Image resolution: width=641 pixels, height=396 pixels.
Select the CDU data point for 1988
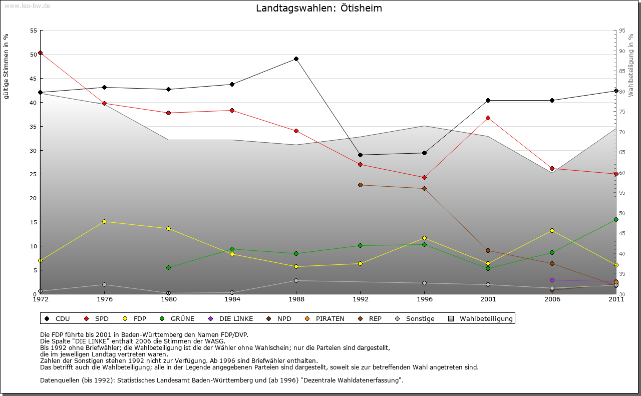[x=296, y=59]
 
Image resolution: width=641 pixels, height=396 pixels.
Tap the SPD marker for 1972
[x=41, y=53]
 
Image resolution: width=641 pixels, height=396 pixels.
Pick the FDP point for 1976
[x=104, y=221]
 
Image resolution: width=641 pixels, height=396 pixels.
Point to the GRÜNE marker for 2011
[x=616, y=219]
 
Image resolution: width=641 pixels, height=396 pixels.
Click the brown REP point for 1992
[x=360, y=185]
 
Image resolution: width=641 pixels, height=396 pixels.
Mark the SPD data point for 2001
[x=488, y=118]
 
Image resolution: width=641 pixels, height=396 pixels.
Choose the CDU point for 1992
[x=360, y=155]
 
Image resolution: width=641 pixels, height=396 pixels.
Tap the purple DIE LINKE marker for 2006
[x=552, y=280]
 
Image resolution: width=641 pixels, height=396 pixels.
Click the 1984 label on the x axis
[x=232, y=299]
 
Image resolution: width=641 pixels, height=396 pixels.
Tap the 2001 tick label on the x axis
[x=488, y=299]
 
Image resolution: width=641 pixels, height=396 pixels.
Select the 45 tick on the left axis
[x=33, y=79]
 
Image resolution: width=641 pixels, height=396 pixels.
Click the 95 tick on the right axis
[x=622, y=31]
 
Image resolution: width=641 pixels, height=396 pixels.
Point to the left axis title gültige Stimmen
[x=7, y=67]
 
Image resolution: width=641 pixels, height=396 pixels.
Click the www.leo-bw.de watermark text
[x=27, y=6]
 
